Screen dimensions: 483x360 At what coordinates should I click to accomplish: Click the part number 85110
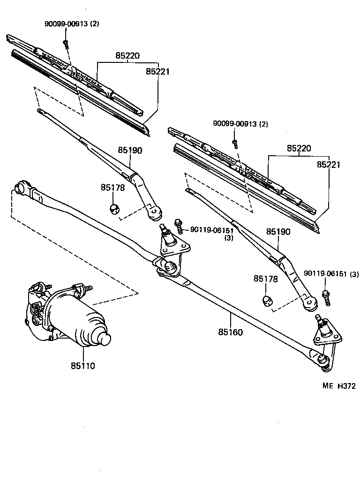click(83, 366)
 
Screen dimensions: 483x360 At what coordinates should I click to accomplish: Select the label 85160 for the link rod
click(230, 332)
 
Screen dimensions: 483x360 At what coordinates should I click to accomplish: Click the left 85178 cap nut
click(114, 208)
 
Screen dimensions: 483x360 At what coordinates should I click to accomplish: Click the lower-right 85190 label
click(278, 232)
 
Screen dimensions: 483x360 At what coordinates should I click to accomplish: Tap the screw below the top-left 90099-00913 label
click(66, 44)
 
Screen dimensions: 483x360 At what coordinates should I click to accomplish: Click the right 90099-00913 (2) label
click(240, 124)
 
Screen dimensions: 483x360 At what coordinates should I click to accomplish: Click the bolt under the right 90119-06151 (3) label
click(326, 297)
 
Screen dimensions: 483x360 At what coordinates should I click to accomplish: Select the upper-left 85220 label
click(128, 56)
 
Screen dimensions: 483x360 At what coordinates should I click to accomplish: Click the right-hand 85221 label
click(329, 165)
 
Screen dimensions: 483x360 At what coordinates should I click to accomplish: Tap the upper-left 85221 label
click(157, 72)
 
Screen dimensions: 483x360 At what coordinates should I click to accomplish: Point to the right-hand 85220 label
click(299, 149)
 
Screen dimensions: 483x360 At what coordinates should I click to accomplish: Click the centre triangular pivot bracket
click(173, 247)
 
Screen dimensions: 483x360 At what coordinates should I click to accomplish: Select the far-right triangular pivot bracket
click(327, 336)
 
